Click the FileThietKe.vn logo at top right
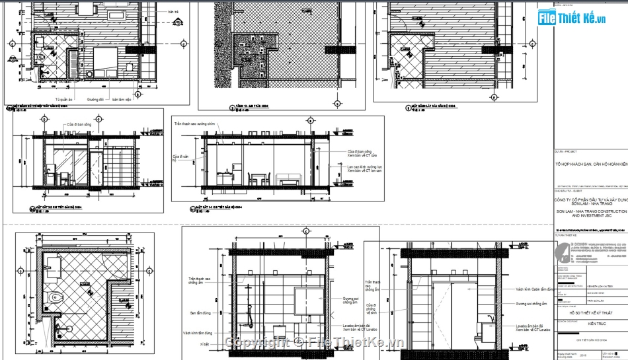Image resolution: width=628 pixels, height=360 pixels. point(572,18)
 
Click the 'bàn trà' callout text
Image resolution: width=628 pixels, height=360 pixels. point(174,12)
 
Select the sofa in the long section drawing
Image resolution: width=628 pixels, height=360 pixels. point(287,179)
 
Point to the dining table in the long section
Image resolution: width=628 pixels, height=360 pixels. point(257,178)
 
